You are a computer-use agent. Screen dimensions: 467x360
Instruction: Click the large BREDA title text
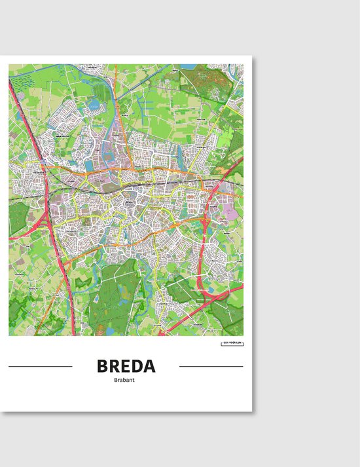[x=126, y=365]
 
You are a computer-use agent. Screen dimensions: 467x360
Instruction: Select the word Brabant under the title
[x=126, y=381]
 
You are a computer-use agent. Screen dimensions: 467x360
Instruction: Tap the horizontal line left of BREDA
[x=41, y=366]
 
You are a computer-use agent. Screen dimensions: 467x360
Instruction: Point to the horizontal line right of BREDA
[x=211, y=366]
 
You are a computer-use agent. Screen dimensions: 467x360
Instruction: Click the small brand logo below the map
[x=232, y=343]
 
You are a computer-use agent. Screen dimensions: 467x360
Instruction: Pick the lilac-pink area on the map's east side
[x=228, y=212]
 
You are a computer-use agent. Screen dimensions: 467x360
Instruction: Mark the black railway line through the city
[x=164, y=186]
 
